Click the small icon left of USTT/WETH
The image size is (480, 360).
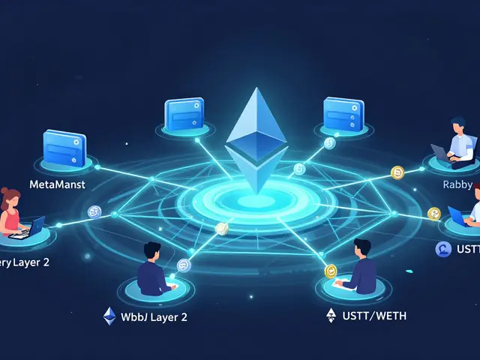point(331,316)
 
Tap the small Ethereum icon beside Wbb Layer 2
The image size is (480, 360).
point(109,316)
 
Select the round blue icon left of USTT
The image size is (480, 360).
point(442,249)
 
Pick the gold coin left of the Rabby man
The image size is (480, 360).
point(397,172)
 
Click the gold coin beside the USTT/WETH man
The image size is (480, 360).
point(331,271)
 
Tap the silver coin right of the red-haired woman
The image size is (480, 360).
point(94,212)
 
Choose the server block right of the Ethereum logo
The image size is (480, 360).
point(343,115)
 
